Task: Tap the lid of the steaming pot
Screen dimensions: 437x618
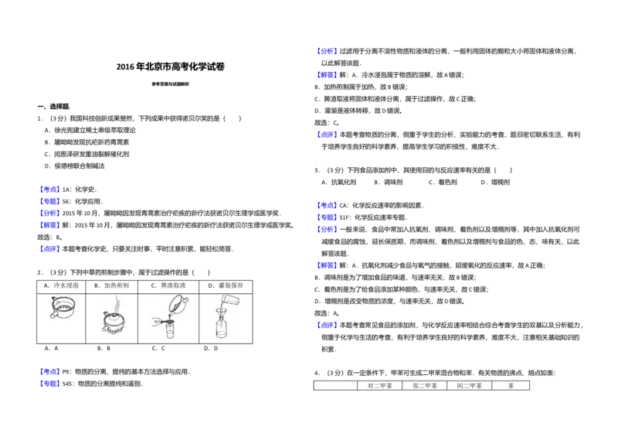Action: (114, 316)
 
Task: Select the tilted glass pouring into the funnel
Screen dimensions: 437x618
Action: (229, 298)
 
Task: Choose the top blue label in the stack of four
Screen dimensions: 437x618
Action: (49, 189)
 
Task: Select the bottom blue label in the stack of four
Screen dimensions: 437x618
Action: (49, 225)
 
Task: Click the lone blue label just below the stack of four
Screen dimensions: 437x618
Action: (49, 248)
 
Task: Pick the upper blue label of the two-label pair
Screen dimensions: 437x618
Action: (49, 371)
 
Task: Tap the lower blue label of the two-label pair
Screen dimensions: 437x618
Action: (49, 384)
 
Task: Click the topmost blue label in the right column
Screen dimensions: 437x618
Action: (328, 50)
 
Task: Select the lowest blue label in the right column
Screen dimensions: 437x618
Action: (328, 326)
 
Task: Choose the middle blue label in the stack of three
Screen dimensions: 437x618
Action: (328, 217)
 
